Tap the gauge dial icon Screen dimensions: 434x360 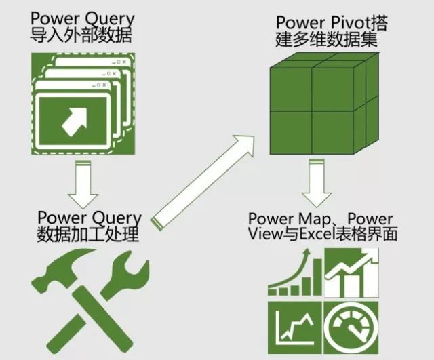pyautogui.click(x=351, y=330)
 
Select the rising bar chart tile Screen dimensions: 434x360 pyautogui.click(x=294, y=273)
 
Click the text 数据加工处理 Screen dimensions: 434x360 pyautogui.click(x=87, y=235)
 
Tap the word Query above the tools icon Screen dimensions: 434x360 pyautogui.click(x=116, y=219)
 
